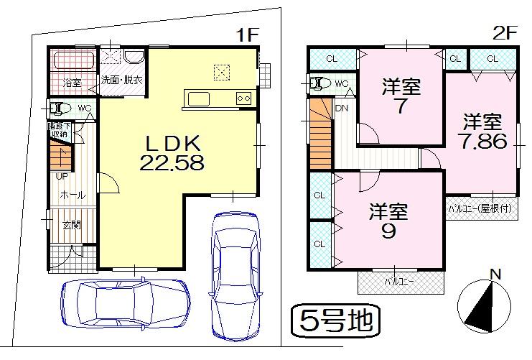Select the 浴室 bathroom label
pos(70,81)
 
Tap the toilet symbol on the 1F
pos(60,109)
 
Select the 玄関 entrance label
pos(71,225)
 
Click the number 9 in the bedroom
pos(388,233)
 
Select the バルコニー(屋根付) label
pos(480,209)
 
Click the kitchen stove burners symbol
pos(243,98)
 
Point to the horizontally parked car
pos(125,303)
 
